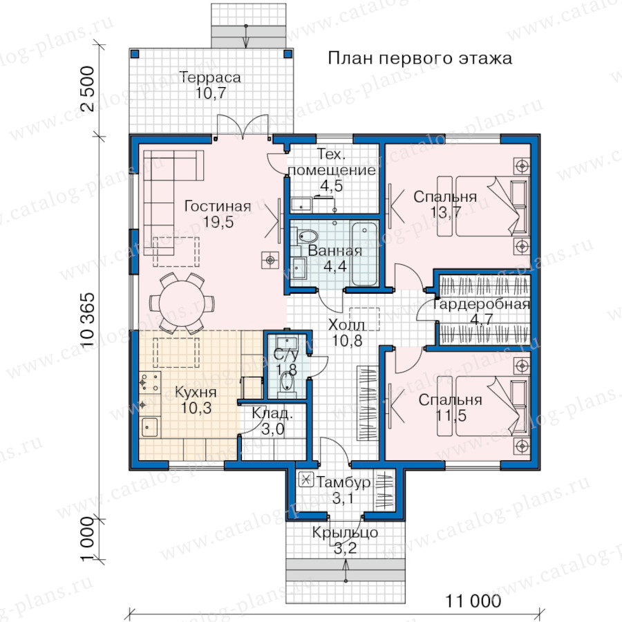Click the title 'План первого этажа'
click(x=420, y=58)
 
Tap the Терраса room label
click(x=210, y=77)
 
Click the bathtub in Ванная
click(x=364, y=254)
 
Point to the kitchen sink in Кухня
click(x=150, y=427)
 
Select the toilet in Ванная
click(x=305, y=236)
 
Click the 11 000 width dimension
click(x=473, y=601)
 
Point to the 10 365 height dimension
click(x=87, y=320)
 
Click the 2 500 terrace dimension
click(x=87, y=88)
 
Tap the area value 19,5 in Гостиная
click(x=218, y=222)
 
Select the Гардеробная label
click(x=481, y=304)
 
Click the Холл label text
click(x=347, y=325)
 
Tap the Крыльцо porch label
click(x=345, y=532)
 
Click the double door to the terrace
click(x=243, y=127)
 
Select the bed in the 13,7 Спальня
click(x=483, y=206)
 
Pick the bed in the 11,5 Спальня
click(x=483, y=406)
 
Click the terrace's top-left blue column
click(x=135, y=54)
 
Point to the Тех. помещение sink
click(x=301, y=205)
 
